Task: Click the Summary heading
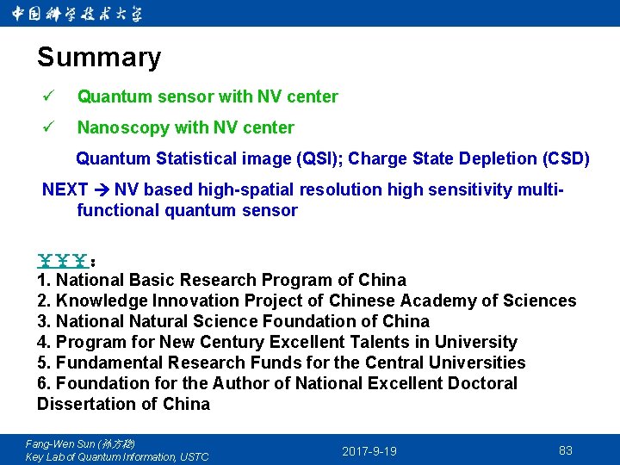click(x=99, y=58)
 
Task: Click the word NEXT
click(x=65, y=189)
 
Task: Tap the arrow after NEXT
click(x=102, y=189)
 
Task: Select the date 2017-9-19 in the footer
click(x=369, y=450)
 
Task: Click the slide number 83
click(x=566, y=450)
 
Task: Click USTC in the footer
click(x=193, y=456)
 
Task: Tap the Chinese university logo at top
click(x=77, y=13)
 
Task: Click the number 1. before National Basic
click(x=44, y=280)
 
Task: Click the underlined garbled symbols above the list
click(x=65, y=258)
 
